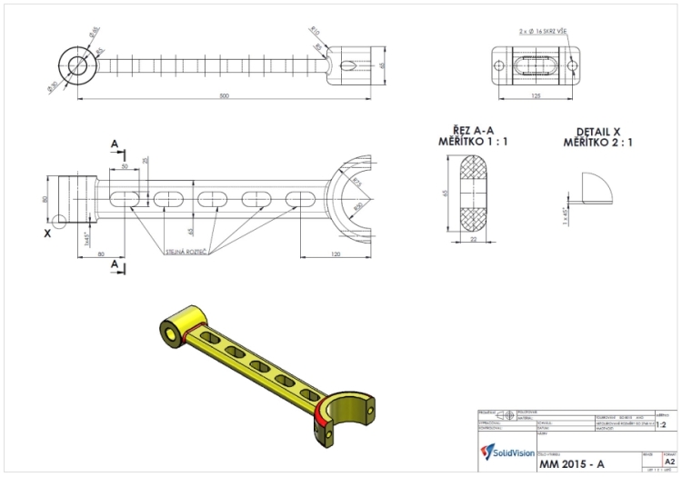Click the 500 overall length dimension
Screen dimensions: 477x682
pos(225,95)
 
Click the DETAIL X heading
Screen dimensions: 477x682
pos(597,132)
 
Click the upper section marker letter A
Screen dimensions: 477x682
pos(114,144)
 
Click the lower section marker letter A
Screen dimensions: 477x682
pos(114,264)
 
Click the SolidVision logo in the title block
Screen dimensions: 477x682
pos(504,452)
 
